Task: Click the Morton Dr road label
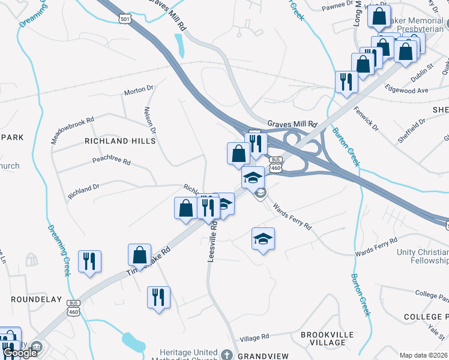[x=139, y=91]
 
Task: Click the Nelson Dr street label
[x=149, y=121]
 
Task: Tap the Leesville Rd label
[x=211, y=244]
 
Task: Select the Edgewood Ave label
[x=411, y=91]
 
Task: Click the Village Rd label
[x=259, y=338]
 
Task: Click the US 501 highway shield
[x=125, y=19]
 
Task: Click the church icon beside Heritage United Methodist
[x=226, y=354]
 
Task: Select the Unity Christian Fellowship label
[x=423, y=256]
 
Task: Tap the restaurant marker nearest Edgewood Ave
[x=346, y=81]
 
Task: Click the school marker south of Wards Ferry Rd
[x=263, y=239]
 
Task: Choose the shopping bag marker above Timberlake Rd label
[x=139, y=254]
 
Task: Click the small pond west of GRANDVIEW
[x=133, y=343]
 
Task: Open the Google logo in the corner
[x=20, y=353]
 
